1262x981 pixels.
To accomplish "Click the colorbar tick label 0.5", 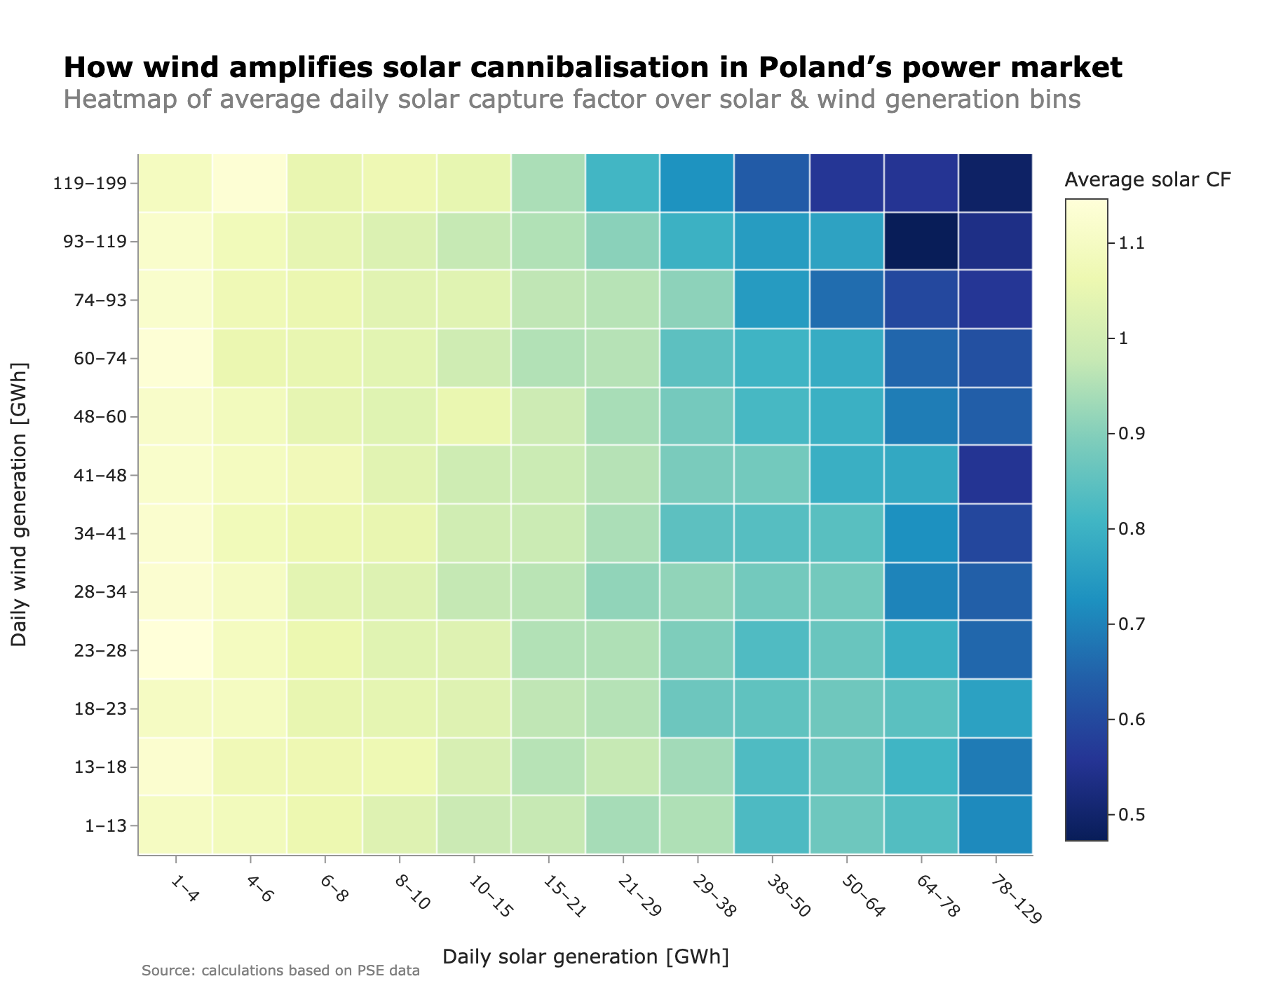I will (1131, 815).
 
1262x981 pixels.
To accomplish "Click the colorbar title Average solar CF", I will (1147, 180).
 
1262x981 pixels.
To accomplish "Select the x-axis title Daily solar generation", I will (585, 956).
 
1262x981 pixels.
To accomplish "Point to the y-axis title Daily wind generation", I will (20, 505).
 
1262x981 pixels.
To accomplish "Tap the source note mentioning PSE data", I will (280, 970).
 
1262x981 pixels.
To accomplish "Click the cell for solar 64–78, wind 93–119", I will (921, 242).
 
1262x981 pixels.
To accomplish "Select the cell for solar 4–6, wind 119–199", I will (250, 184).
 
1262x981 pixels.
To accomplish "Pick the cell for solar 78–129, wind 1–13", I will (996, 825).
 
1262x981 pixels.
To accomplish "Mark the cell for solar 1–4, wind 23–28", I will (175, 650).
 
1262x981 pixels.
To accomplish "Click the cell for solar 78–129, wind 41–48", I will (996, 475).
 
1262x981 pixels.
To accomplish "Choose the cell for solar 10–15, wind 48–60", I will (473, 417).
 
